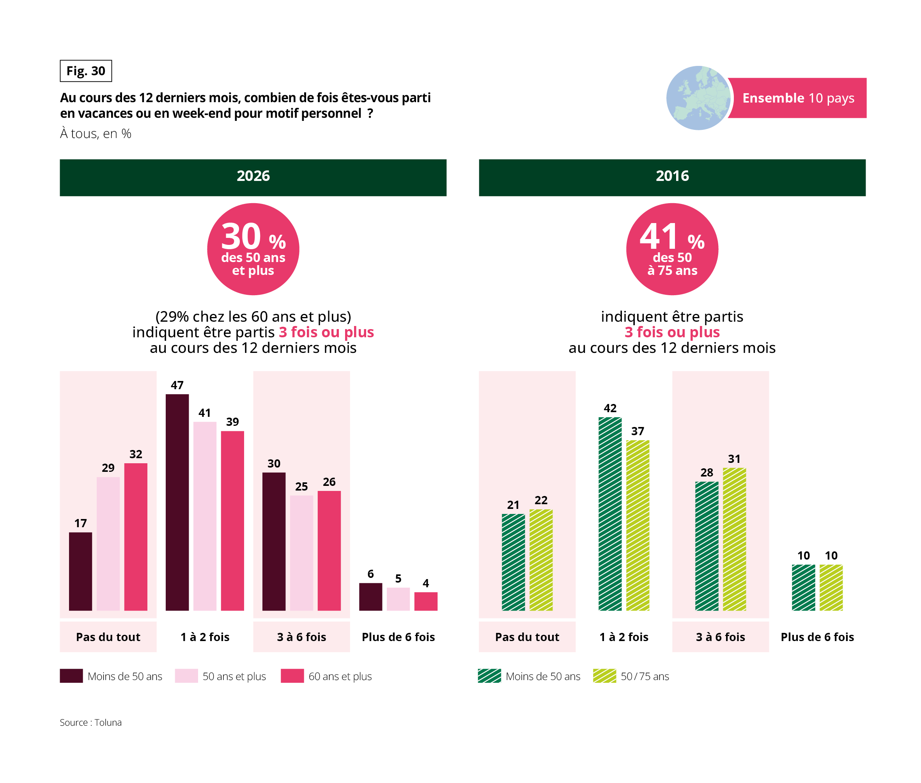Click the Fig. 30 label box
[86, 71]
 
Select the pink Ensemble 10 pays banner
[798, 98]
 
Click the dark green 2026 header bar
[253, 177]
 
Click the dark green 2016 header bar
[672, 177]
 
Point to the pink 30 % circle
[253, 249]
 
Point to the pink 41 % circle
[672, 249]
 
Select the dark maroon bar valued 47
[177, 502]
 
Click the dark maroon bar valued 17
[80, 571]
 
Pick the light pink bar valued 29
[108, 544]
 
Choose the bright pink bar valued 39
[232, 521]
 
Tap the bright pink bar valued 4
[426, 601]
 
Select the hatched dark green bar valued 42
[610, 514]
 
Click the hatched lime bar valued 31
[734, 539]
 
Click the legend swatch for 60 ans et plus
[292, 676]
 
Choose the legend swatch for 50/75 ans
[604, 676]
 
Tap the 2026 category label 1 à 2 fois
[205, 637]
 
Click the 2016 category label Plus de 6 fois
[817, 637]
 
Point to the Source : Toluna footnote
[90, 722]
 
